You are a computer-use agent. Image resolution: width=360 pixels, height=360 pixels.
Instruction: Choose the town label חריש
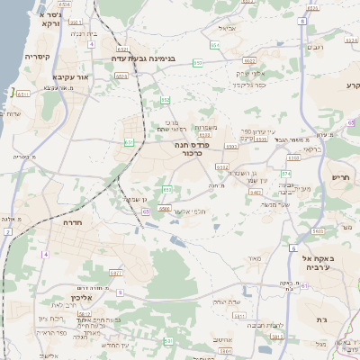(339, 179)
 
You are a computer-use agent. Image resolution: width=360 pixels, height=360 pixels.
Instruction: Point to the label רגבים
(316, 47)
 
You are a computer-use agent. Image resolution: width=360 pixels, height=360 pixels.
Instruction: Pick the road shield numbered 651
(130, 141)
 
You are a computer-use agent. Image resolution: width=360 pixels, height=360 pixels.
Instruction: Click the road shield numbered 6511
(24, 91)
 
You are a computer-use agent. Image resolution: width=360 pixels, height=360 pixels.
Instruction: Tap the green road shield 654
(214, 44)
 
